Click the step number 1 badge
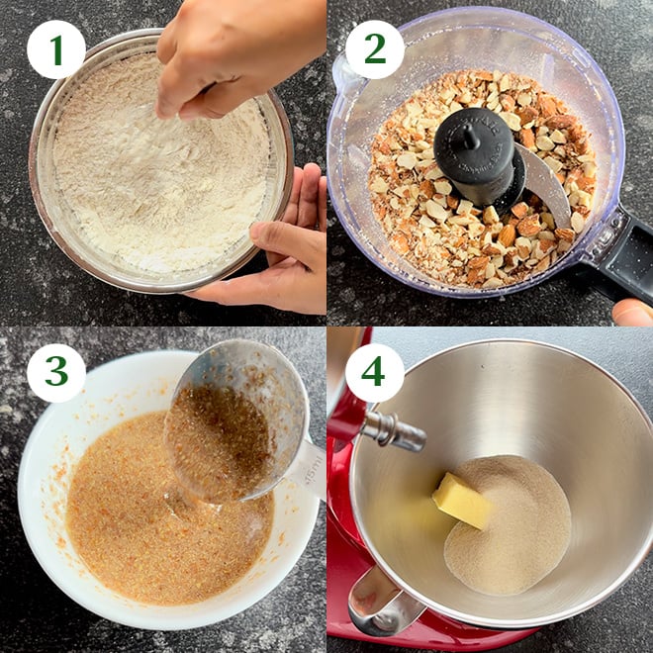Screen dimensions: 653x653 coord(55,49)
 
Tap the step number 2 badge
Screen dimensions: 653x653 coord(374,49)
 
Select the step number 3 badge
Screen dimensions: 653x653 coord(55,373)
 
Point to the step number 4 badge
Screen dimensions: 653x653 coord(374,373)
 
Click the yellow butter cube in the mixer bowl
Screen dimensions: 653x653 coord(461,501)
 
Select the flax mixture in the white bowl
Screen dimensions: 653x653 coord(129,514)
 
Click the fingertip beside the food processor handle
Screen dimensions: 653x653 coord(633,313)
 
